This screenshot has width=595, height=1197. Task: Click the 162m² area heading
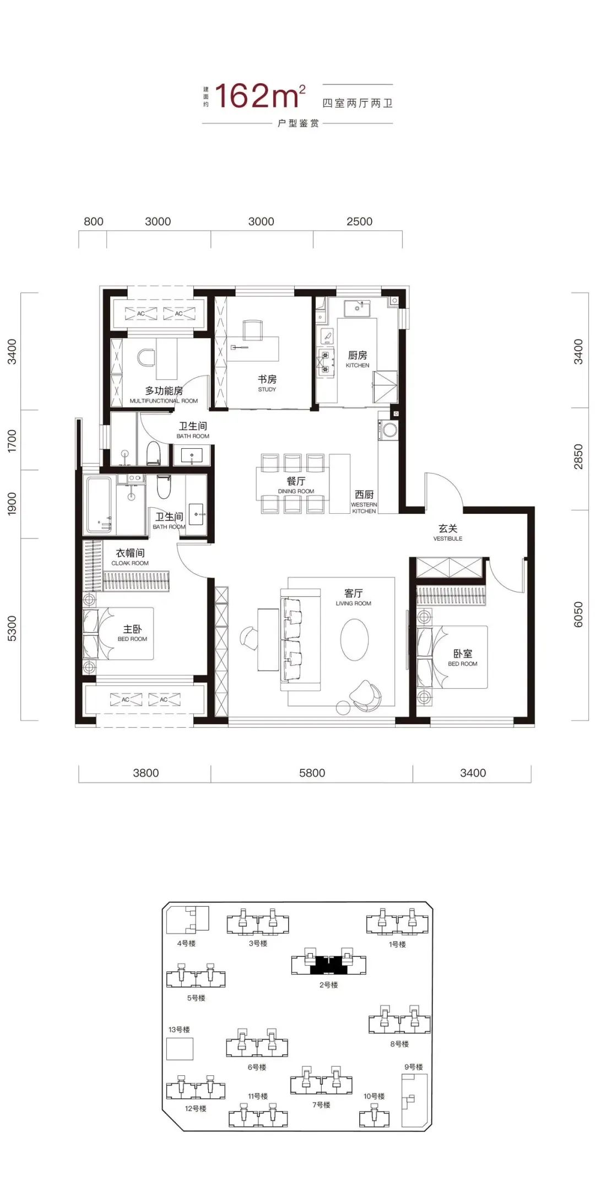[x=260, y=96]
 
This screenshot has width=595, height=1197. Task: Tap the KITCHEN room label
[x=358, y=366]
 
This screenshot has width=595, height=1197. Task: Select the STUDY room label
[x=267, y=389]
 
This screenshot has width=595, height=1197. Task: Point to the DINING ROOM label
[x=296, y=491]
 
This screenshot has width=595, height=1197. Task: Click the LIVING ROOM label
[x=354, y=603]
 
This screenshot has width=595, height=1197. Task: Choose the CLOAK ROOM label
[x=130, y=563]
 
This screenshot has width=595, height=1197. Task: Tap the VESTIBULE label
[x=448, y=538]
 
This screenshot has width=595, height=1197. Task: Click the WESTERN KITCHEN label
[x=364, y=508]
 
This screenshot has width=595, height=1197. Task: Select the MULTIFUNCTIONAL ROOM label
[x=164, y=401]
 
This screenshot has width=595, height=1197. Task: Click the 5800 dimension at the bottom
[x=312, y=773]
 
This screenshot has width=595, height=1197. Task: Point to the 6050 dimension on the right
[x=578, y=614]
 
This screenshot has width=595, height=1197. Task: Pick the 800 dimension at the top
[x=93, y=221]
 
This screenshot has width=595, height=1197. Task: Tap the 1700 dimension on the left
[x=12, y=441]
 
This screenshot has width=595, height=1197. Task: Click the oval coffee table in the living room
[x=354, y=639]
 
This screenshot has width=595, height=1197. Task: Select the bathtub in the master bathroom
[x=99, y=505]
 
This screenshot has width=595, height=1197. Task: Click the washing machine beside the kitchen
[x=390, y=430]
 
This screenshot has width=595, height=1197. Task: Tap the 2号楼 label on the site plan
[x=328, y=985]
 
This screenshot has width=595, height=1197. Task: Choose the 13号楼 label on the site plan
[x=179, y=1030]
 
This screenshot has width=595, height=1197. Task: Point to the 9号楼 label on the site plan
[x=414, y=1067]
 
